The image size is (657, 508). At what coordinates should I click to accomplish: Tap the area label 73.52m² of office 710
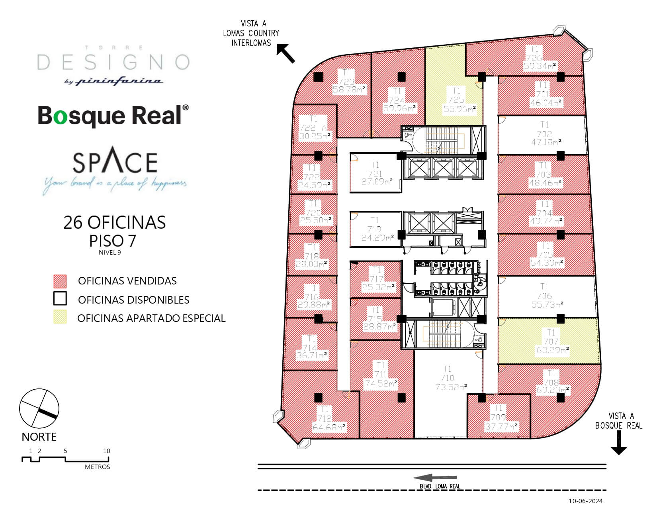coord(451,387)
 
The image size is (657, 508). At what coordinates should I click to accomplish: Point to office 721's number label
coord(375,174)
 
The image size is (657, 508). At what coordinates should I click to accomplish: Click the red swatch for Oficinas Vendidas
coord(60,281)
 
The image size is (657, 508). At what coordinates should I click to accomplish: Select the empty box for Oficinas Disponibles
coord(60,299)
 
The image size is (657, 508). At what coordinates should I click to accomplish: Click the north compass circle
coord(39,409)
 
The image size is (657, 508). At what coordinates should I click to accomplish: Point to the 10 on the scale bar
coord(106,451)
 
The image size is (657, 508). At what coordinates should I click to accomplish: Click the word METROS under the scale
coord(97,467)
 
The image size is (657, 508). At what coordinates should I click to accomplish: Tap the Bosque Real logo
coord(113,116)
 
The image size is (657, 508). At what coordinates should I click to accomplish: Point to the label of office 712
coord(325,419)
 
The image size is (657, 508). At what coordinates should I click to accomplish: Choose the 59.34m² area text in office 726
coord(540,66)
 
